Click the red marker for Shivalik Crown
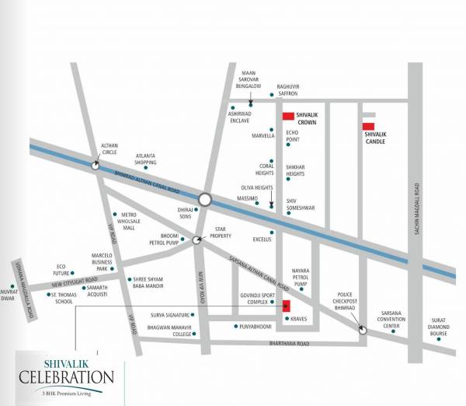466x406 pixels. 288,116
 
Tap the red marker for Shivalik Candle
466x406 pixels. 369,126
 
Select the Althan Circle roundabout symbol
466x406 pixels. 95,165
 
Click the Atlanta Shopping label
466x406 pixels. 145,159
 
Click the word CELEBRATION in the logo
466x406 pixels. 67,377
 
